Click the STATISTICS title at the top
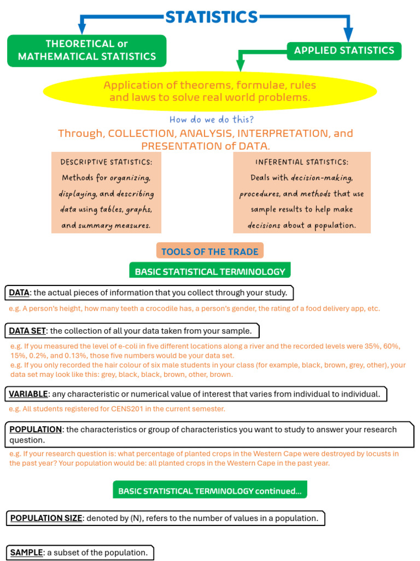click(212, 17)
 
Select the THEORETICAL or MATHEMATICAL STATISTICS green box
click(86, 50)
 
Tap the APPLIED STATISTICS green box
click(344, 50)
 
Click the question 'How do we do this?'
click(211, 119)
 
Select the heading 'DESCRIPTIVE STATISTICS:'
click(107, 162)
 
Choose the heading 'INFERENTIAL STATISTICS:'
click(301, 162)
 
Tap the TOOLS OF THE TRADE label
click(210, 251)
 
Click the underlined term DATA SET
click(28, 331)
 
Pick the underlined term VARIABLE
click(28, 394)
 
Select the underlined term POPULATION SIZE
click(46, 518)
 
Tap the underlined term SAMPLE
click(26, 553)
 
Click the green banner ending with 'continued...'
click(210, 491)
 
